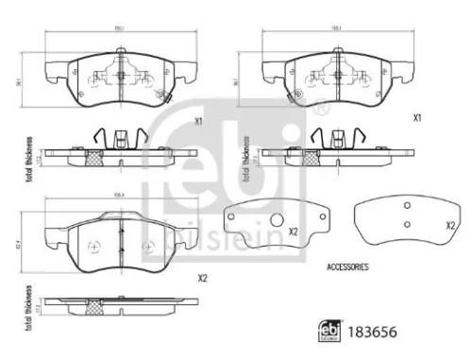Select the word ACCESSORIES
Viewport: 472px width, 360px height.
(346, 268)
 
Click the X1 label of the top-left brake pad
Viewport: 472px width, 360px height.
(198, 121)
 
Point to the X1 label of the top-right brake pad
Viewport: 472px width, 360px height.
(415, 117)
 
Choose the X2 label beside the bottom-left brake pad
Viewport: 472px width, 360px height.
(202, 278)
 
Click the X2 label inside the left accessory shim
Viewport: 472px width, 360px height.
(293, 231)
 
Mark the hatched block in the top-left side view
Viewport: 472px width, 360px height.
(94, 157)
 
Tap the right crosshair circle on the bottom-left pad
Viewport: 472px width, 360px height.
(146, 248)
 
